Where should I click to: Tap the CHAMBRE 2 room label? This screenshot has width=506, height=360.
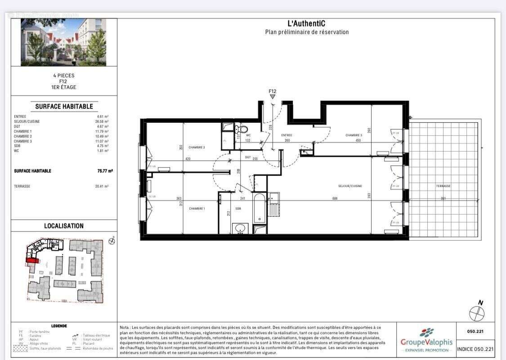197,148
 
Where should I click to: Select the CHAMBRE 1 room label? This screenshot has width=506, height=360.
197,208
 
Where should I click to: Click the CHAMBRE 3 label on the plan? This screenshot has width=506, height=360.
354,135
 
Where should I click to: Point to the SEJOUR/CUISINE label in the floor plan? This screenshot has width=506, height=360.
350,186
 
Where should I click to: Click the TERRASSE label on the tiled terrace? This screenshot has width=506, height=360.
443,186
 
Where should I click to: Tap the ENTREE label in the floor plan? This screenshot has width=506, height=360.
287,135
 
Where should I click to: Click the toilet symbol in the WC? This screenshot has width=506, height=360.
243,130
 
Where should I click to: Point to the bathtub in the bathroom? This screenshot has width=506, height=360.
259,208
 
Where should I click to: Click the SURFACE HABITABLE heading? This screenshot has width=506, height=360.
64,107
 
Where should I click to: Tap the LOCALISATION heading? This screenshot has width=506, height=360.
63,226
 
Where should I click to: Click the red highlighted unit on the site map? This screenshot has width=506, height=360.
32,260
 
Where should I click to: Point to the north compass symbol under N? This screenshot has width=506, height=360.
476,313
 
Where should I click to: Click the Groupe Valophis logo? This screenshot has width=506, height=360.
426,340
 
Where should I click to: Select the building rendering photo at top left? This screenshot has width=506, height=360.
63,42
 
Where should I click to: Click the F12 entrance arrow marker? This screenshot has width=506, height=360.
272,96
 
